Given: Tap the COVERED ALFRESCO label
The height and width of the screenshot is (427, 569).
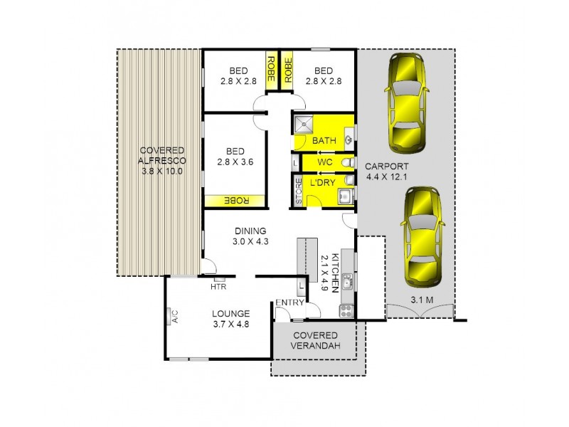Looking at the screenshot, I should click(x=162, y=162).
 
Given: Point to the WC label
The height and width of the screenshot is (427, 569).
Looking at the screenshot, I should click(x=325, y=163).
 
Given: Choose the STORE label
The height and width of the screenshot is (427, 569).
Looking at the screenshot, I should click(x=299, y=191).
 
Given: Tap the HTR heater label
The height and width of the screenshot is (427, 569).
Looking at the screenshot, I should click(x=218, y=288).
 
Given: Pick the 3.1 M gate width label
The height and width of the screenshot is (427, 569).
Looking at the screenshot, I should click(x=422, y=300).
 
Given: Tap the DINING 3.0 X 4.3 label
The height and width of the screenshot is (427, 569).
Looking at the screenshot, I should click(x=249, y=236).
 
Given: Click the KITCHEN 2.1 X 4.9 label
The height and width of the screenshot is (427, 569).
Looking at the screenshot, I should click(x=325, y=271).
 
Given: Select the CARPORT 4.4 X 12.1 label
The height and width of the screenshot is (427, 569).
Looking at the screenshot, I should click(x=392, y=172).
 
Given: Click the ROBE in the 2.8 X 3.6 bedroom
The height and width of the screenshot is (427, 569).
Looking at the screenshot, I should click(x=234, y=201).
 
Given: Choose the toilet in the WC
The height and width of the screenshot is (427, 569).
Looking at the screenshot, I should click(x=347, y=164).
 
